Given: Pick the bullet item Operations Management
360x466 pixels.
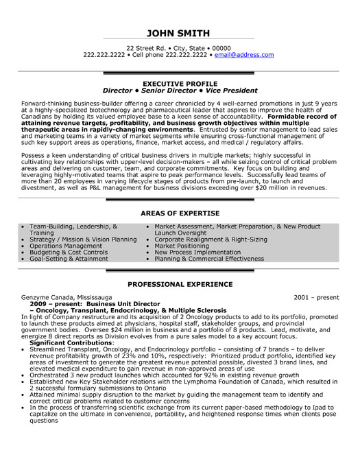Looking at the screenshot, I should pyautogui.click(x=63, y=246).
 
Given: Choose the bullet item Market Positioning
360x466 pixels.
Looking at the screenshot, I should pyautogui.click(x=181, y=246).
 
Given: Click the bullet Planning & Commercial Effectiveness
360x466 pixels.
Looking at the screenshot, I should pyautogui.click(x=209, y=259).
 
